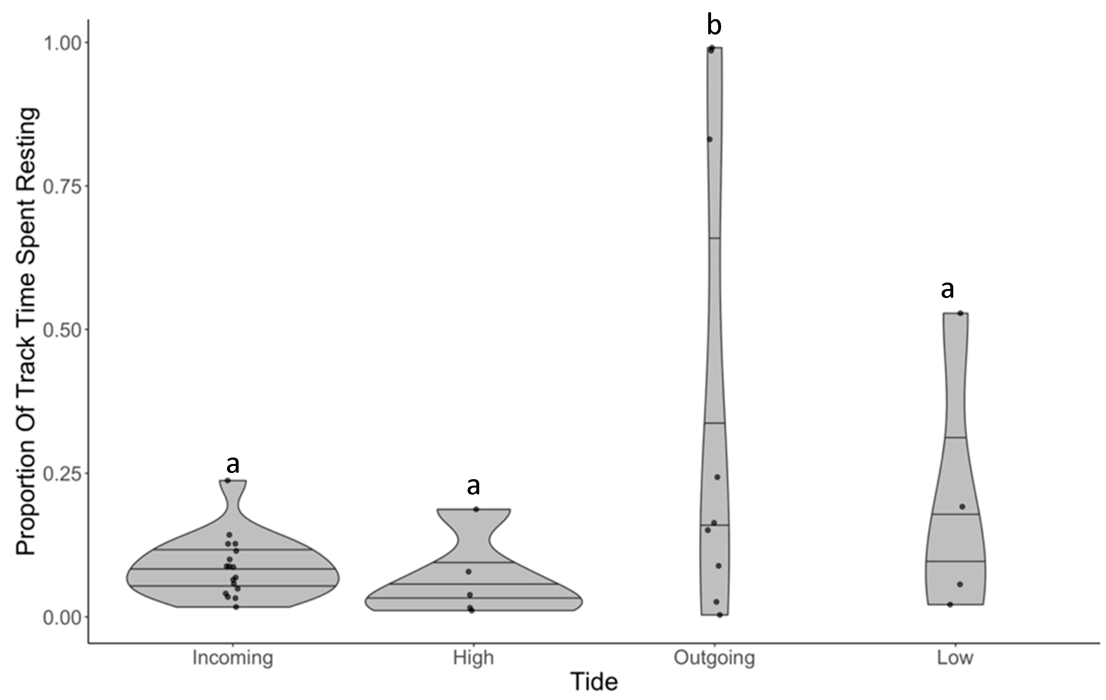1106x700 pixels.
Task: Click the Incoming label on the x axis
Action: (x=233, y=658)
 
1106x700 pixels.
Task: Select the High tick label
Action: (x=473, y=658)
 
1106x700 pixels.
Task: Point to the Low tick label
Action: (x=955, y=658)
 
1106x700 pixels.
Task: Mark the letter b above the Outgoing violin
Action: (x=714, y=25)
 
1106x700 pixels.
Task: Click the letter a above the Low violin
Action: (x=947, y=289)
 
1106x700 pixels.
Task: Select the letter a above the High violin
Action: (x=473, y=486)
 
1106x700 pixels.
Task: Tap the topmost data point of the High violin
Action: (x=476, y=510)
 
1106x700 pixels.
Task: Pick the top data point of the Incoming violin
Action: (x=227, y=480)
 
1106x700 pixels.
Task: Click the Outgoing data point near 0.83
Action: (x=710, y=139)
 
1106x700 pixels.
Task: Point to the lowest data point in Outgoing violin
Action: (x=720, y=615)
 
